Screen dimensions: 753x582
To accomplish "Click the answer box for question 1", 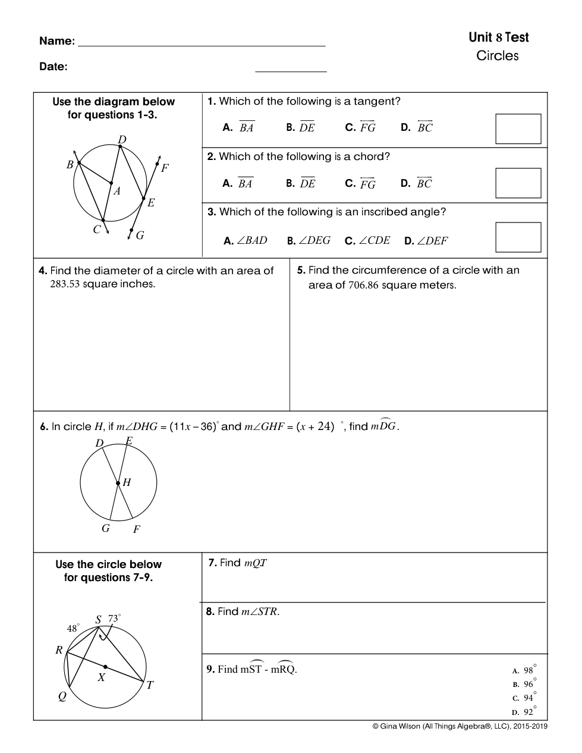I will [x=518, y=128].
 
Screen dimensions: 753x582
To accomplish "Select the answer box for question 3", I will [x=518, y=237].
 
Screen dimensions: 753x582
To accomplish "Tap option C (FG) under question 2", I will [x=360, y=183].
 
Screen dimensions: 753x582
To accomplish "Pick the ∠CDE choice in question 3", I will [x=367, y=240].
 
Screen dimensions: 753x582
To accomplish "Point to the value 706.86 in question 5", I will [x=363, y=285].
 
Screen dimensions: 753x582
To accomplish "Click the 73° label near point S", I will [x=114, y=619].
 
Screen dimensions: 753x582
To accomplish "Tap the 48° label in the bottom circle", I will [x=73, y=628].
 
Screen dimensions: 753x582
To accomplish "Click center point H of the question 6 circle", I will [x=118, y=483].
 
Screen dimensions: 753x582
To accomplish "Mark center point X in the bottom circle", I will [x=105, y=667].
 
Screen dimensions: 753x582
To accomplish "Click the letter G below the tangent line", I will [x=140, y=236].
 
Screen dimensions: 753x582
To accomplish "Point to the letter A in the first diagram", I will [x=117, y=191].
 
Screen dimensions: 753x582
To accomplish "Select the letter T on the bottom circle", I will [x=150, y=685].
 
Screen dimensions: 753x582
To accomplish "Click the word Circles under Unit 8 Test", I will [x=498, y=56].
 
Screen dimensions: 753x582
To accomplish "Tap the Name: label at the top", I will [x=57, y=41].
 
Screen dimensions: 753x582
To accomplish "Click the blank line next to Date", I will [x=291, y=71].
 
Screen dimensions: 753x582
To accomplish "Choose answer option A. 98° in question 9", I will [x=524, y=670].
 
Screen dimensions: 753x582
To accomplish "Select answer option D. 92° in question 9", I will [x=524, y=711].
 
